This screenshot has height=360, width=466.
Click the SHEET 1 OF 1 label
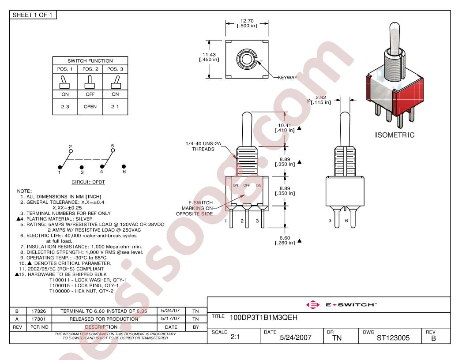coord(32,15)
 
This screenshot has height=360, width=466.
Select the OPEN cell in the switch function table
coord(90,107)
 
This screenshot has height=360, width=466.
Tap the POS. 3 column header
coord(115,69)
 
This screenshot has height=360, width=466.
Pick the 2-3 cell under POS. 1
coord(65,107)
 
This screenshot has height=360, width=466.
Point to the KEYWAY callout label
coord(287,78)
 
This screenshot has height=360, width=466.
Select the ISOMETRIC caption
coord(395,135)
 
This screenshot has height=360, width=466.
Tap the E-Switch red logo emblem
coord(313,305)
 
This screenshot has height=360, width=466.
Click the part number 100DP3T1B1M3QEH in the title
coord(263,318)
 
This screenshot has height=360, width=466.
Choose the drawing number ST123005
coord(393,338)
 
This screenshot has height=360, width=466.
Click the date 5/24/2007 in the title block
coord(296,337)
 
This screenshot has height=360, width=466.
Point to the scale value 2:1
coord(235,337)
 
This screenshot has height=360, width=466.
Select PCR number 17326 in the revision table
coord(39,311)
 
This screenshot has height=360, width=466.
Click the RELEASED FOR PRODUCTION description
coord(104,319)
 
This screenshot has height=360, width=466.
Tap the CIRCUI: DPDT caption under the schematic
coord(88,182)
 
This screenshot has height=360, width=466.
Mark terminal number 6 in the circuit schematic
coord(124,172)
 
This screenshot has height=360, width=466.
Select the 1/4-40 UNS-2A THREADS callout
coord(203,146)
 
